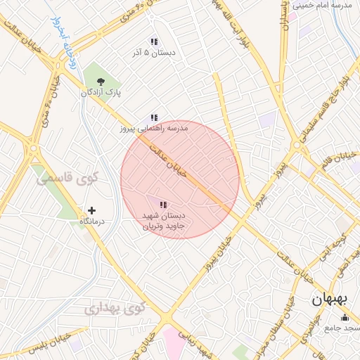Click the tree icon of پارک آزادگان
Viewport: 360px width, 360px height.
coord(101,81)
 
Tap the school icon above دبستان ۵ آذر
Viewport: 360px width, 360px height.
coord(154,41)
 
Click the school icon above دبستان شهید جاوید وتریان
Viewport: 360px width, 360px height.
coord(163,205)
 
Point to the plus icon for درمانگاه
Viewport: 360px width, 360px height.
coord(91,210)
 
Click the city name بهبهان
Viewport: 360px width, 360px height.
coord(330,300)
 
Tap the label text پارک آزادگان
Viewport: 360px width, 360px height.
coord(101,93)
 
